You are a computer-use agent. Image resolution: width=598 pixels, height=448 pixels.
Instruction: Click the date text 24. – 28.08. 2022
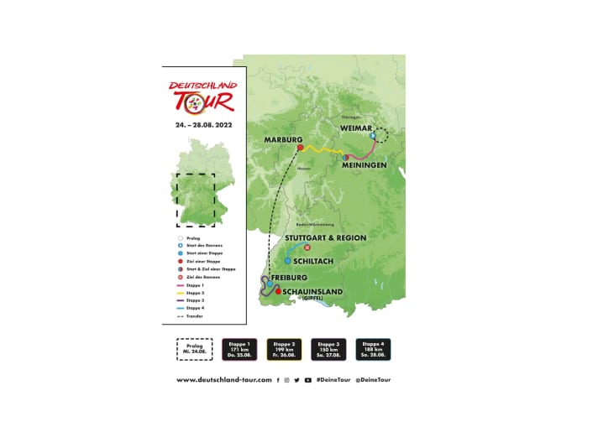coord(204,124)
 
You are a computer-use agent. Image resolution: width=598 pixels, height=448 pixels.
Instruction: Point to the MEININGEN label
coord(364,166)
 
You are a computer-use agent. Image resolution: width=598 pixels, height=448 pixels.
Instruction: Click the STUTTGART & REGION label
coord(328,237)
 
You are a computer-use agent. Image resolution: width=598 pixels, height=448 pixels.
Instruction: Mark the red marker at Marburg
coord(299,148)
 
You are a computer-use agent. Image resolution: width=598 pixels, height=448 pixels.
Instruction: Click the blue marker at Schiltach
coord(287,260)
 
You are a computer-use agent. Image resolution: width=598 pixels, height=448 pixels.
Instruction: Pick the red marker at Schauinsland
coord(278,291)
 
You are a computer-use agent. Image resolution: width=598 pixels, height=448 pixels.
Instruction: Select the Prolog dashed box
coord(194,349)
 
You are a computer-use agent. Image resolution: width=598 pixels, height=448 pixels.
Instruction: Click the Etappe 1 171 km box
coord(239,349)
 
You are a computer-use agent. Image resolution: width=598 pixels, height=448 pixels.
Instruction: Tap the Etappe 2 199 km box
coord(284,349)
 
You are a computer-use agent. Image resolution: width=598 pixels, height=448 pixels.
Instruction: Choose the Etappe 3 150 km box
coord(328,349)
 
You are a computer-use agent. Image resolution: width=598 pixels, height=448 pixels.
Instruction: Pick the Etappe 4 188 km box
coord(373,349)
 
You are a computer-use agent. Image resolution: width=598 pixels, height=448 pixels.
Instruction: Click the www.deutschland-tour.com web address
coord(224,380)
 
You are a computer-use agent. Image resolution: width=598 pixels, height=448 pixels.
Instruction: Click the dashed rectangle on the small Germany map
coord(195,200)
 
